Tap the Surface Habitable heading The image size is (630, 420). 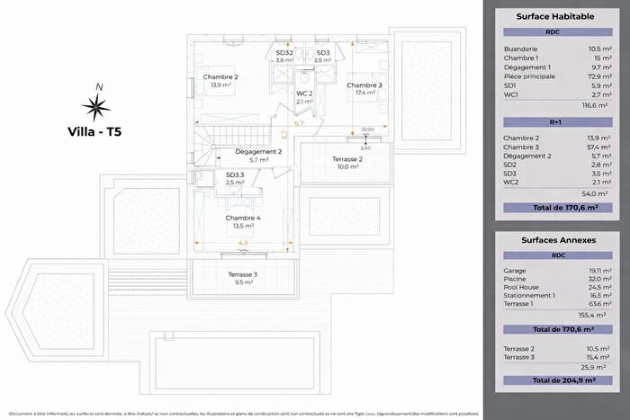pyautogui.click(x=553, y=17)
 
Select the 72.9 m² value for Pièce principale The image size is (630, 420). pyautogui.click(x=593, y=77)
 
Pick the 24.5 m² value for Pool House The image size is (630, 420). pyautogui.click(x=592, y=288)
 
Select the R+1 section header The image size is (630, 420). pyautogui.click(x=553, y=122)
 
